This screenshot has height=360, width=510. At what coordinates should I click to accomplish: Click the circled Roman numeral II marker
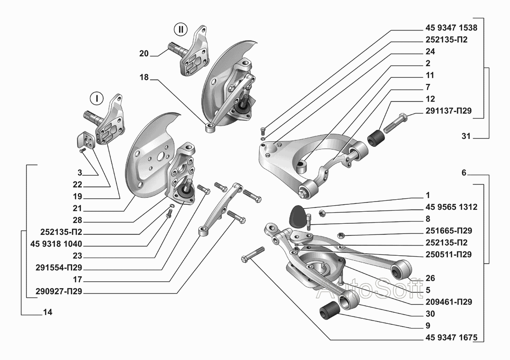point(180,30)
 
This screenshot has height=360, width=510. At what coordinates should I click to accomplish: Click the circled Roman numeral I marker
point(96,98)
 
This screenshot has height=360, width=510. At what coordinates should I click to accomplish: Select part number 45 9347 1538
point(451,28)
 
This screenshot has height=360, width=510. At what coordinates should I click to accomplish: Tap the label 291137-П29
point(448,111)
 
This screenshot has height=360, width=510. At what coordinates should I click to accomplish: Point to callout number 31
point(466,136)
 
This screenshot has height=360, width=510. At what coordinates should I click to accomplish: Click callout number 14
point(47,312)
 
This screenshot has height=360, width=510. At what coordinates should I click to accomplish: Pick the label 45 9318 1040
point(56,244)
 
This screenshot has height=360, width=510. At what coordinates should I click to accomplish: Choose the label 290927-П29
point(59,291)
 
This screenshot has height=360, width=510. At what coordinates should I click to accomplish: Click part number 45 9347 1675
point(451,338)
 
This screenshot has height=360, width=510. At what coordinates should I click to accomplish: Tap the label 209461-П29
point(448,302)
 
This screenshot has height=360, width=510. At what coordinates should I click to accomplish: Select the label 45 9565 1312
point(451,207)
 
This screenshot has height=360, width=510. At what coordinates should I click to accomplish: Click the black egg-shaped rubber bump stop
point(298,216)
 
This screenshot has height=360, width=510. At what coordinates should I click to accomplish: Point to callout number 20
point(144,54)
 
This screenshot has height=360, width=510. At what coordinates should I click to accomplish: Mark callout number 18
point(144,77)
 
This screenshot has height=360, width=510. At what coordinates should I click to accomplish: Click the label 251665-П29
point(448,231)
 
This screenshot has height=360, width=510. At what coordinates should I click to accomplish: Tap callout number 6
point(464,172)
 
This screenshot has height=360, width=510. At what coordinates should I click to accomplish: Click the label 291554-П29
point(59,268)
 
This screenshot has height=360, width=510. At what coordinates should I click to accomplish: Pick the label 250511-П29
point(448,254)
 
